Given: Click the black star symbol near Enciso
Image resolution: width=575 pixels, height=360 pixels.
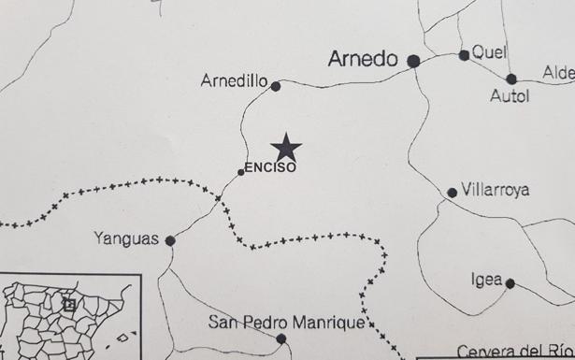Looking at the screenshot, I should click(x=286, y=147).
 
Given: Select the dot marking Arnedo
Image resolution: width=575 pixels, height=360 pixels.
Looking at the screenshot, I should click(x=413, y=61).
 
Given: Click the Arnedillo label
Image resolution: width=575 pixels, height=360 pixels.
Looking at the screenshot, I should click(x=234, y=81).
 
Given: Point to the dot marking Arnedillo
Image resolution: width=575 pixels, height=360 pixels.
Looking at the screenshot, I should click(x=276, y=86).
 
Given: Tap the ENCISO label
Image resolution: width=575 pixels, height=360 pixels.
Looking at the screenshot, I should click(x=269, y=168).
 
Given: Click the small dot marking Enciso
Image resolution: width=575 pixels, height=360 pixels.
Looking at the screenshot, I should click(x=241, y=172).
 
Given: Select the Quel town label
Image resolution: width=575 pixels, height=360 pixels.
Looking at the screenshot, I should click(x=489, y=52).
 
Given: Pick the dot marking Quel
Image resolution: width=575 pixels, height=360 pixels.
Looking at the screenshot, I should click(x=464, y=55).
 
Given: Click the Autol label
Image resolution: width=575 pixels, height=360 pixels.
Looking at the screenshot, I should click(x=510, y=96).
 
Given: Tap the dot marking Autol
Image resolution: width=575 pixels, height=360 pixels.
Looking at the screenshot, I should click(x=511, y=79).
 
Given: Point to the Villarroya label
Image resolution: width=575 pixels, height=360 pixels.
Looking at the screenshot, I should click(x=496, y=190).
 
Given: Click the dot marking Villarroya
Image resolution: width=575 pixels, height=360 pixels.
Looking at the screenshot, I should click(x=453, y=193).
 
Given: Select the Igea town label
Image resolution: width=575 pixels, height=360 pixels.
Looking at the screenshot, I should click(x=487, y=280).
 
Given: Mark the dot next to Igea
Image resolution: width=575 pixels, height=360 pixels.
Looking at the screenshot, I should click(x=510, y=283).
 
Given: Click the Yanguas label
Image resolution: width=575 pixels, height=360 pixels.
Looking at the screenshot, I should click(x=127, y=238).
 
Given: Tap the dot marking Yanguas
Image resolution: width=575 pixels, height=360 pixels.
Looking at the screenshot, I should click(x=170, y=241).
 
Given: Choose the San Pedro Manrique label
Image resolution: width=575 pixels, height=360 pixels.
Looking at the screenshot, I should click(x=285, y=323).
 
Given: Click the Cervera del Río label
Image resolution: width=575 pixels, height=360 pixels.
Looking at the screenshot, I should click(x=514, y=352).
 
